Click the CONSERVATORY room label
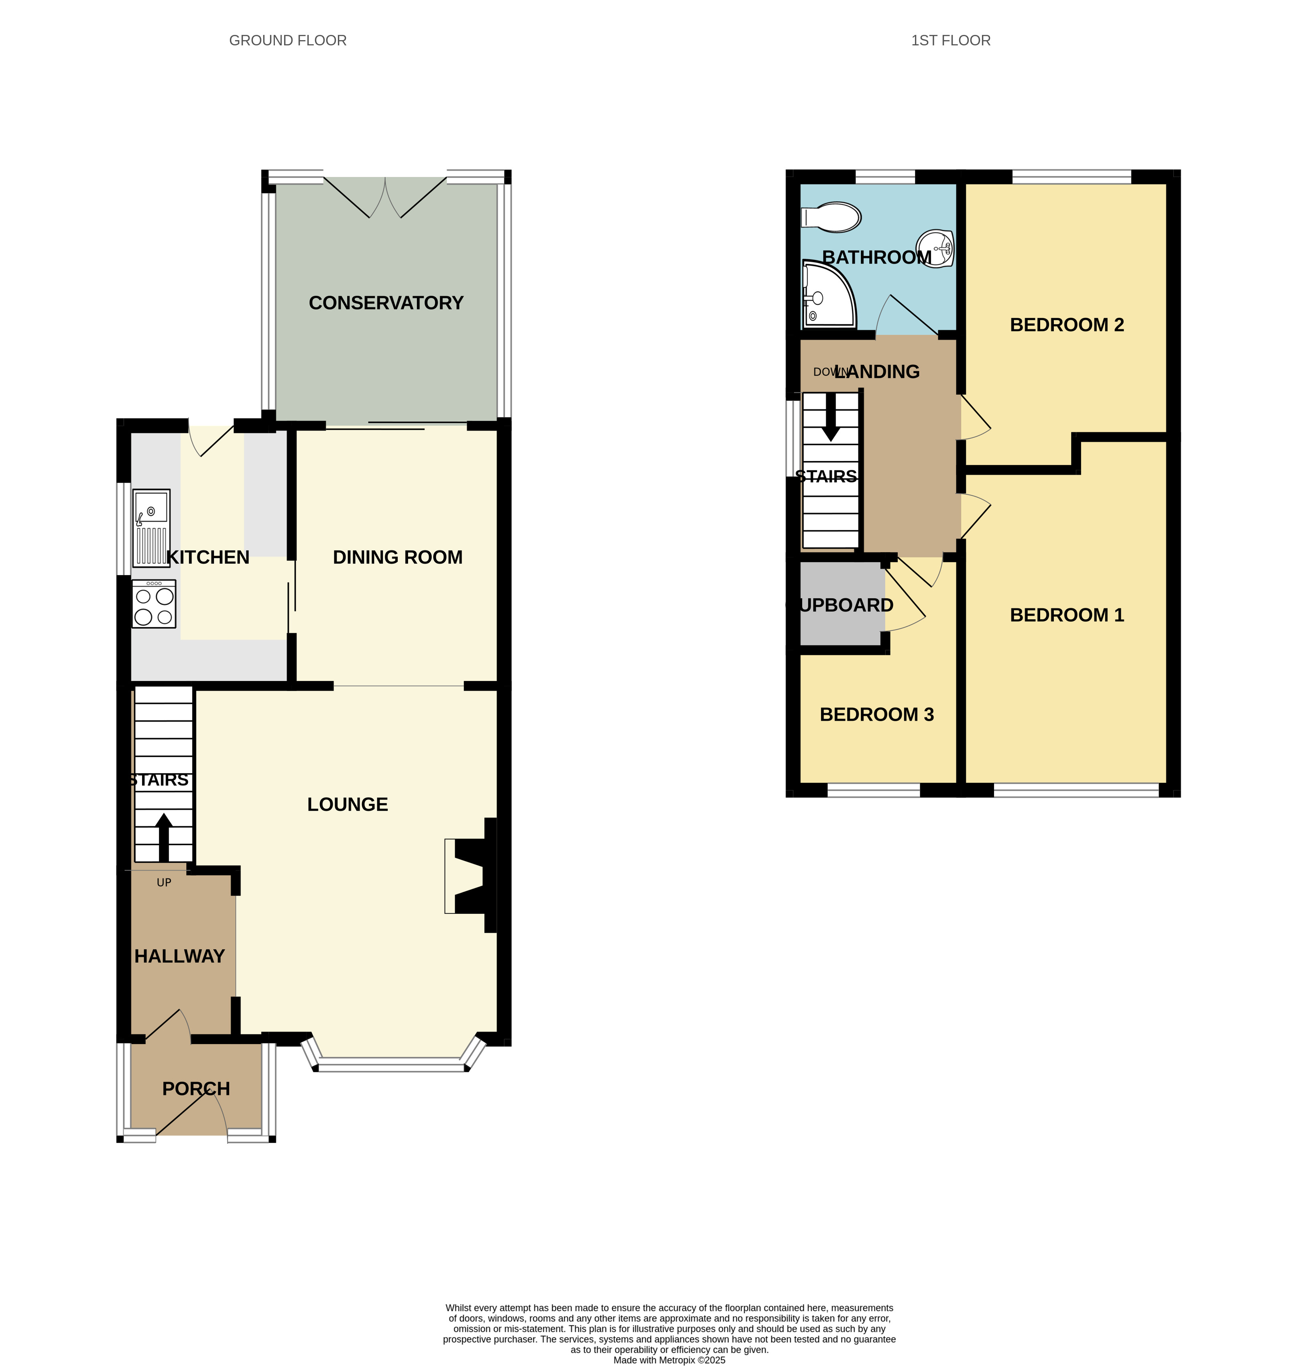tap(386, 303)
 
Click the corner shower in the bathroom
tap(828, 294)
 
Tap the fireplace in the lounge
tap(471, 875)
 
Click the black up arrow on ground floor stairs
tap(164, 837)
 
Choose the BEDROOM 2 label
tap(1067, 325)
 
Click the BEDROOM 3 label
tap(877, 715)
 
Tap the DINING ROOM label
tap(398, 557)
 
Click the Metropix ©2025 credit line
tap(669, 1360)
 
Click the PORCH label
tap(196, 1089)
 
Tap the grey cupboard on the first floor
tap(842, 604)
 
